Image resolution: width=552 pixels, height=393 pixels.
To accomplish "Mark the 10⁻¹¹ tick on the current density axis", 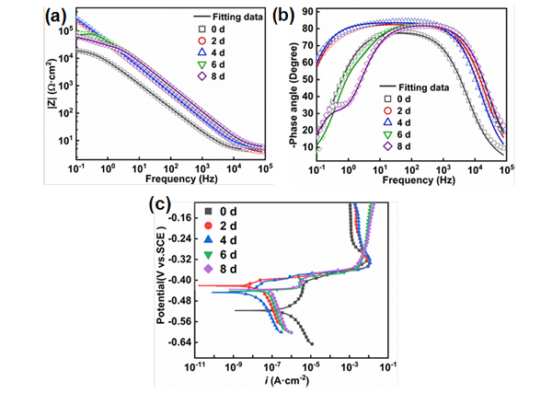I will [195, 364].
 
